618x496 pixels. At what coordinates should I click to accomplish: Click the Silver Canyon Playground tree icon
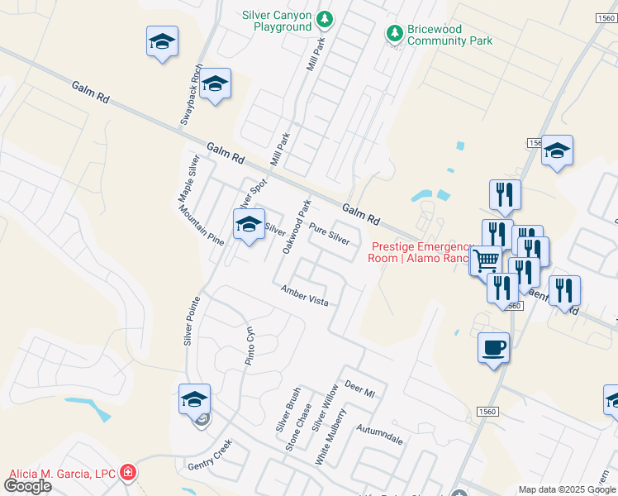[x=326, y=19]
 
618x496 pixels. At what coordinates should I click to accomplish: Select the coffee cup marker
[x=493, y=347]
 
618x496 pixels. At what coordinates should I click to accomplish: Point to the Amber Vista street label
[x=304, y=296]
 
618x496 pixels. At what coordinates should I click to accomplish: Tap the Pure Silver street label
[x=329, y=233]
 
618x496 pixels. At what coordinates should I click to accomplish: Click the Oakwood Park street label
[x=297, y=226]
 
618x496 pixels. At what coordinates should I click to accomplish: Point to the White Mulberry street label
[x=330, y=436]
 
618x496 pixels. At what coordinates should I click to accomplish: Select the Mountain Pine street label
[x=201, y=226]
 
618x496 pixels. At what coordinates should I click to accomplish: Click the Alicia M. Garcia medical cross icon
[x=127, y=473]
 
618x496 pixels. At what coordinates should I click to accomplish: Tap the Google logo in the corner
[x=27, y=486]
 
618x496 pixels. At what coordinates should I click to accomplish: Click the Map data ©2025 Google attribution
[x=567, y=489]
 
